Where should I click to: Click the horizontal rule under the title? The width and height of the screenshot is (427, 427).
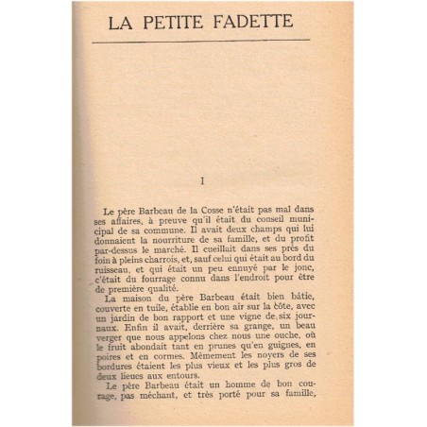click(207, 40)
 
